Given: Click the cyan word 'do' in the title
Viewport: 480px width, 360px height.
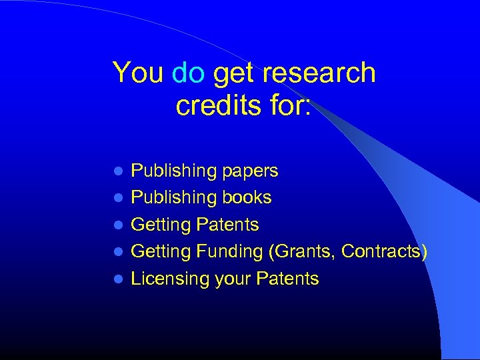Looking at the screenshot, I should coord(188,73).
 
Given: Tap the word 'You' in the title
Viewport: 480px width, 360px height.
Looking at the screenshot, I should coord(138,73).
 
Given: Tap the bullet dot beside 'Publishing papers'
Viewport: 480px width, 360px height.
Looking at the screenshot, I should coord(119,171).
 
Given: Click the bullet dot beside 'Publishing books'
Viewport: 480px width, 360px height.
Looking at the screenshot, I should coord(119,198).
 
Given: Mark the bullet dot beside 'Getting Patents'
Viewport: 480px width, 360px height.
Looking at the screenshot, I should coord(119,225).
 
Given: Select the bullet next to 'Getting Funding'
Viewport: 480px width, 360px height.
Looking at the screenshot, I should coord(119,252).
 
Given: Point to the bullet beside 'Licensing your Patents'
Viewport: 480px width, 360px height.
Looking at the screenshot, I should coord(119,279).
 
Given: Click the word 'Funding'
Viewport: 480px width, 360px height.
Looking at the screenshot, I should coord(229,252).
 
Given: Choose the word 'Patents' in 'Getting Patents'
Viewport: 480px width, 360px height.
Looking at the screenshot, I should coord(227,225).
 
